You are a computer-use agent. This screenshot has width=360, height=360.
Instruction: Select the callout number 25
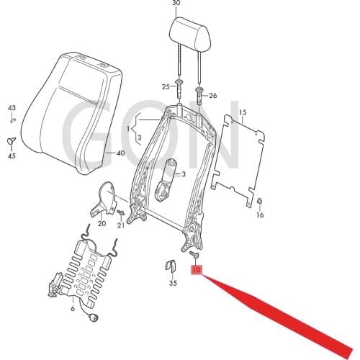(x=166, y=86)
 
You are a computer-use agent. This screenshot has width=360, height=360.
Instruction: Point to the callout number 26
(x=212, y=95)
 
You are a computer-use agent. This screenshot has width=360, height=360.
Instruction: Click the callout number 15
(x=242, y=112)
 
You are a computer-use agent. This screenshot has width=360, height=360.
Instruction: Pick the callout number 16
(x=260, y=215)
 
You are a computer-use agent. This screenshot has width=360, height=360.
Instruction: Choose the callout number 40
(x=120, y=153)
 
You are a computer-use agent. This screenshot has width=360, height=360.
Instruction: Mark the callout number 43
(x=12, y=108)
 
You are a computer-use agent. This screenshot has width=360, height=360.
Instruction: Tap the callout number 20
(x=102, y=224)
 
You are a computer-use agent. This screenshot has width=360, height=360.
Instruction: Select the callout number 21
(x=121, y=225)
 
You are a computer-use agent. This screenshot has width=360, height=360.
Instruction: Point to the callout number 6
(x=72, y=308)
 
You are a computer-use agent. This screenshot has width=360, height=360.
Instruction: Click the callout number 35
(x=173, y=284)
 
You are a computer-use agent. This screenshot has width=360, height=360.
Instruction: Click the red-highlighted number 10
(x=197, y=271)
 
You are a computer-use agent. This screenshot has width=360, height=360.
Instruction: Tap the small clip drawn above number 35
(x=173, y=264)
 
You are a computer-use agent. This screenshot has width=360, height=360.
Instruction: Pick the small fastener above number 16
(x=260, y=202)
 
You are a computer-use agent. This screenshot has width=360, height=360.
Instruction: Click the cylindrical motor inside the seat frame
(x=171, y=174)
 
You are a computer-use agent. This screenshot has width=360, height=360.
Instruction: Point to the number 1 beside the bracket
(x=130, y=129)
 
